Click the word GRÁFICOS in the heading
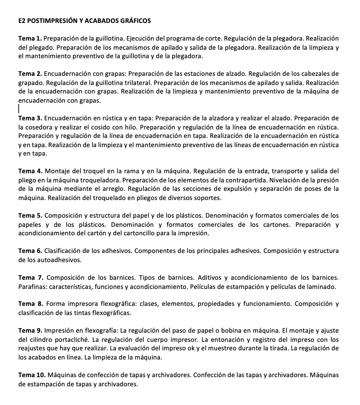136,20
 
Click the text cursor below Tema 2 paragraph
19,108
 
